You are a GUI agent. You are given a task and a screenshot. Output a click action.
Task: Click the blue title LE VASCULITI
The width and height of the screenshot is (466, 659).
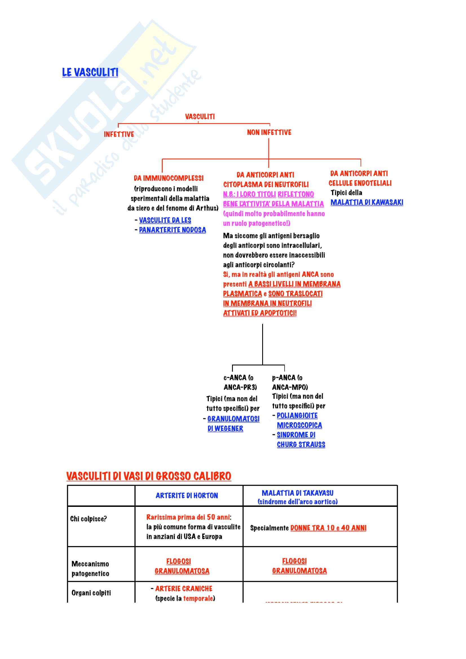click(90, 72)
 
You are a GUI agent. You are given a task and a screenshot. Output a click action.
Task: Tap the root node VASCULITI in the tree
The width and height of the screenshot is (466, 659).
click(200, 117)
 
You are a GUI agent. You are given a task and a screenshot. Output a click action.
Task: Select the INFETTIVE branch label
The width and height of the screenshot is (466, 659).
click(119, 134)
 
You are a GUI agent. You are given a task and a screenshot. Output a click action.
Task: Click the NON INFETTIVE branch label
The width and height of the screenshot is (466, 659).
click(269, 132)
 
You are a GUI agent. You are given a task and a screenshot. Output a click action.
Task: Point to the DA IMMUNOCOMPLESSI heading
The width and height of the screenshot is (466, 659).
click(169, 178)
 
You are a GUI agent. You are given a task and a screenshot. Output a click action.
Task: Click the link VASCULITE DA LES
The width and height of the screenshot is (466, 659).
click(165, 220)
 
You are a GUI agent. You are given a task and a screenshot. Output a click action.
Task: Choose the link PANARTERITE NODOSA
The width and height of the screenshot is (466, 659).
click(172, 230)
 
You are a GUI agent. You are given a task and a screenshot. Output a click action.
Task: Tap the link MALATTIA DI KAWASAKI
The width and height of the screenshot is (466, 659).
click(367, 202)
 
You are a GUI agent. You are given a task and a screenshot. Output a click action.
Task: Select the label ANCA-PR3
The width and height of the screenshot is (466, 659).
click(240, 387)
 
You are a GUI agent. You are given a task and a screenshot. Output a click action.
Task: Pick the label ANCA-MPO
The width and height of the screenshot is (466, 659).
click(290, 387)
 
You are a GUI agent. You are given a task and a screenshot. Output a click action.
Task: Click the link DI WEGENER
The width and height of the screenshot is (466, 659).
click(226, 429)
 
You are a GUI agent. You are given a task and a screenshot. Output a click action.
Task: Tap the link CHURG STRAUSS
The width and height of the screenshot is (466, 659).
click(301, 445)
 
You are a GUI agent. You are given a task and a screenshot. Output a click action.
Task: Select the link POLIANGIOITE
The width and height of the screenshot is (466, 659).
click(297, 416)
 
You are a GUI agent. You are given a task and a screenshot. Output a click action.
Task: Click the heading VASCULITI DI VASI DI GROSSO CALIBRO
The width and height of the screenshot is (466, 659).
click(149, 476)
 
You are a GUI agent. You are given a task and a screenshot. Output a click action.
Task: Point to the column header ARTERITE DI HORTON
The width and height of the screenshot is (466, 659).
click(187, 496)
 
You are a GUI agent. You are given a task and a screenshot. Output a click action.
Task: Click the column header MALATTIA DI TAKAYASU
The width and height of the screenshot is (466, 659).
click(297, 493)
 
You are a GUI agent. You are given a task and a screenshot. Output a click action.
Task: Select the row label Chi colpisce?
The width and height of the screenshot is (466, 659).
click(88, 519)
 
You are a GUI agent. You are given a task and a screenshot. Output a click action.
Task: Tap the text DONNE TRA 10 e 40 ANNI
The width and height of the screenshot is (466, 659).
click(328, 528)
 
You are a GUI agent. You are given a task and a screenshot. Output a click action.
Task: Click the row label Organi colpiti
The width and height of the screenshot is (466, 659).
click(91, 593)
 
